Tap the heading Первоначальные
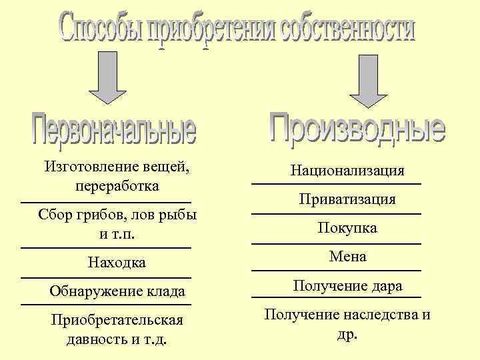pos(114,131)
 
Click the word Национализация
pos(347,171)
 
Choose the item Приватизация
pos(347,199)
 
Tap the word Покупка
pos(347,228)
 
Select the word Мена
pos(347,257)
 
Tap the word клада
pos(166,291)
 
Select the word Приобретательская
pos(117,321)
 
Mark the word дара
pos(387,286)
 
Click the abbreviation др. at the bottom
pos(347,334)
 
